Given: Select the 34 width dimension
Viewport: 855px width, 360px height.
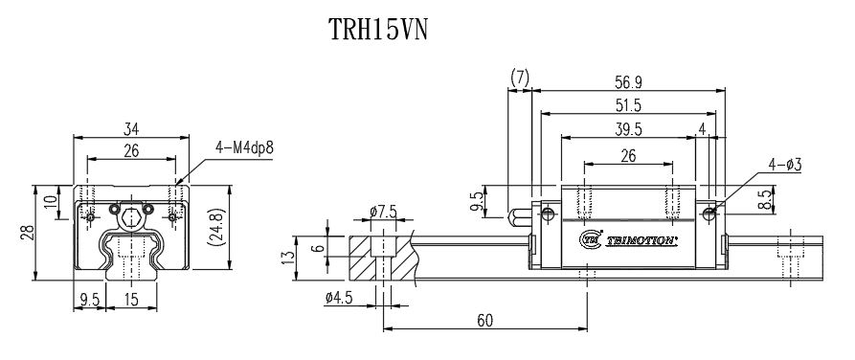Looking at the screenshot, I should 131,128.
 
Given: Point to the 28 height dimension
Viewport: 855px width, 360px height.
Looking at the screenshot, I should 30,232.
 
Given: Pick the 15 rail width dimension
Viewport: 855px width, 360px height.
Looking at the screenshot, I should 131,299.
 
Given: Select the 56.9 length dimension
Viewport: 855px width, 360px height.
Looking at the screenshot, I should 628,81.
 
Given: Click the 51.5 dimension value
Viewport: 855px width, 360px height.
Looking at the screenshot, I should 628,105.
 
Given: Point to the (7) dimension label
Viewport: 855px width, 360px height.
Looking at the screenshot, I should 520,76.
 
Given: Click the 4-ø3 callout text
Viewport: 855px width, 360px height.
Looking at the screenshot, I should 784,165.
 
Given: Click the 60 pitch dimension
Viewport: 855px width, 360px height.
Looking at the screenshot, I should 486,321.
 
